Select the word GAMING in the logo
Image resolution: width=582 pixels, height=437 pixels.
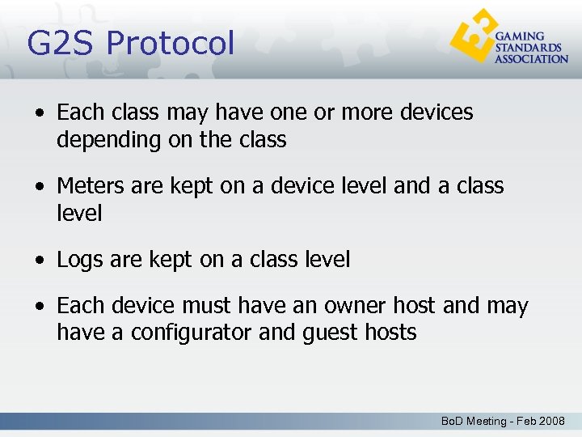(519, 37)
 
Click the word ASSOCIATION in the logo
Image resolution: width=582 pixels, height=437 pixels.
(531, 59)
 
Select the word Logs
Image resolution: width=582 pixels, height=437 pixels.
(79, 260)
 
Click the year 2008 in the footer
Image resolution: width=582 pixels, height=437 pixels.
(552, 422)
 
